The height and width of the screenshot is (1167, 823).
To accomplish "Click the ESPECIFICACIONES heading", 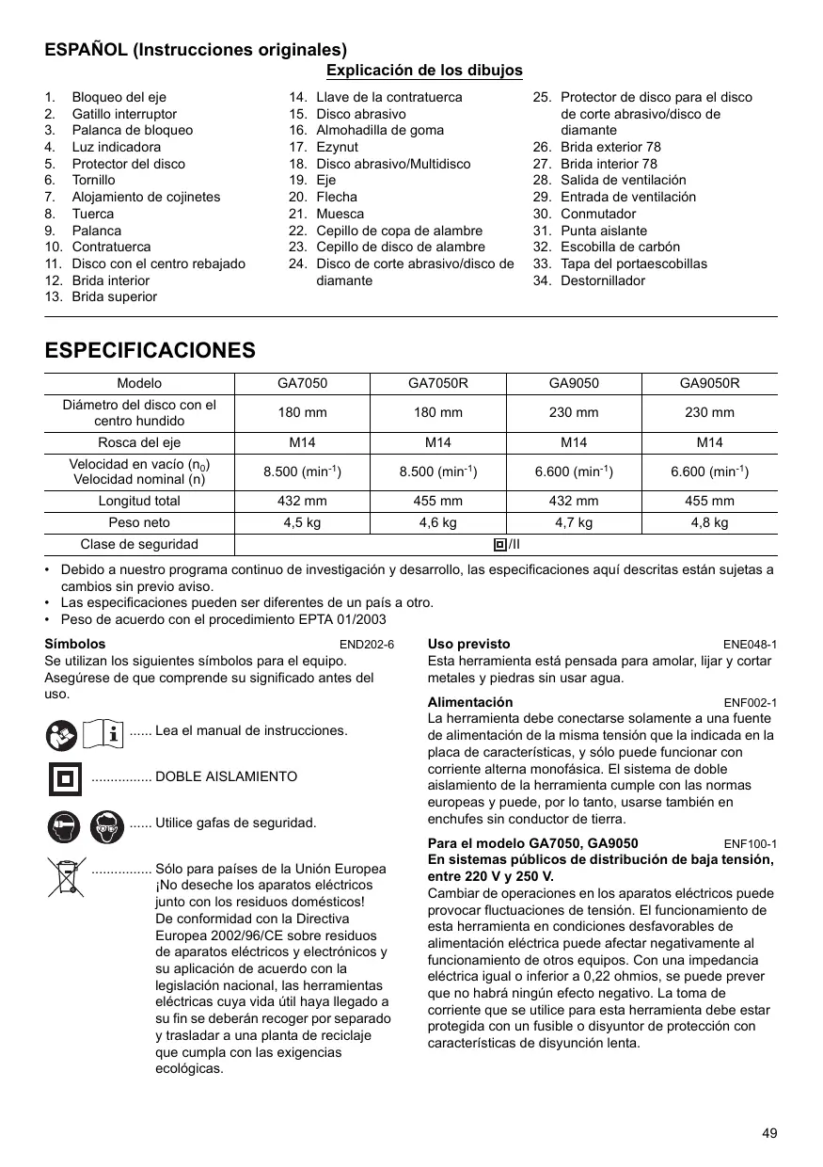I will (150, 351).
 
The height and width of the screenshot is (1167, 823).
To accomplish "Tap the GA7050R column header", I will (438, 384).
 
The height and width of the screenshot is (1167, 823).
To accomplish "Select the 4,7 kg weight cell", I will (574, 523).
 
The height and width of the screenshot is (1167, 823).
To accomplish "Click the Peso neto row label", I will (139, 523).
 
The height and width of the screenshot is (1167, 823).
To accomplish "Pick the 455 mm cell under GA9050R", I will (709, 502).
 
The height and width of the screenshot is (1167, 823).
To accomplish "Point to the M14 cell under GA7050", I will (302, 442).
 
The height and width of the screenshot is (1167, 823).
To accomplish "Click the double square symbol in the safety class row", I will (499, 545).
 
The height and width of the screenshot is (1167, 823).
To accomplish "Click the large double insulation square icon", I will (65, 777).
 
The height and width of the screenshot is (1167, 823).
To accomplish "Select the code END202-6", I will (366, 645).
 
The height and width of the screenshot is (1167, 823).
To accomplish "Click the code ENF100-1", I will (750, 844).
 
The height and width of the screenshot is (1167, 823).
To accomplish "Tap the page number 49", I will (769, 1134).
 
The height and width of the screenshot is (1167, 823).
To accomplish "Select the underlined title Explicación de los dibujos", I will (424, 71).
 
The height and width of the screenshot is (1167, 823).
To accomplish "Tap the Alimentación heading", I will (470, 702).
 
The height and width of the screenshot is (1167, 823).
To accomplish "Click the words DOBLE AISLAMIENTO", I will (226, 777).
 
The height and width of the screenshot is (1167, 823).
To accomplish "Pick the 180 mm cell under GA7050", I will (302, 413).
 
